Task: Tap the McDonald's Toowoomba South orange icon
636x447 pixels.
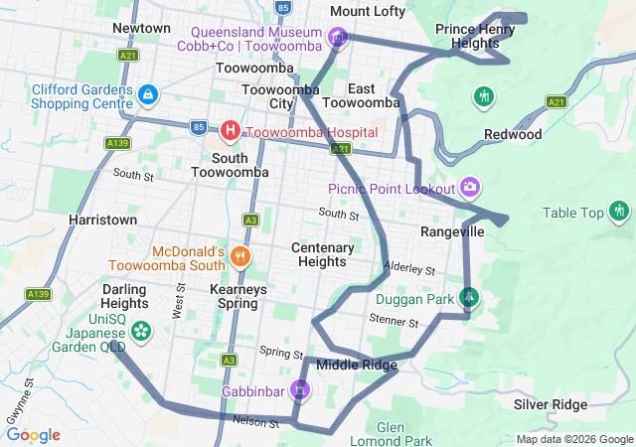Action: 239,258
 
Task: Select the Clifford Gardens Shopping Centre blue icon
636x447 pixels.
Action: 147,95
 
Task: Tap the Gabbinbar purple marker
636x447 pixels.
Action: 299,389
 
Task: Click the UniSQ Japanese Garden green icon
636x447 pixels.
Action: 141,329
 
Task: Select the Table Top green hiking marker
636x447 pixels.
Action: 620,211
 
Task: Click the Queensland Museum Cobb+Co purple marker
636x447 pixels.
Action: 338,39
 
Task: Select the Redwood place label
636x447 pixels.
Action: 513,134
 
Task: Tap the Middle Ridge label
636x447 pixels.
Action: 357,366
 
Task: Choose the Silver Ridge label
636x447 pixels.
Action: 551,404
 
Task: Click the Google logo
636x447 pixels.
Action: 34,435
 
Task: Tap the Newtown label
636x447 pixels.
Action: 142,28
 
